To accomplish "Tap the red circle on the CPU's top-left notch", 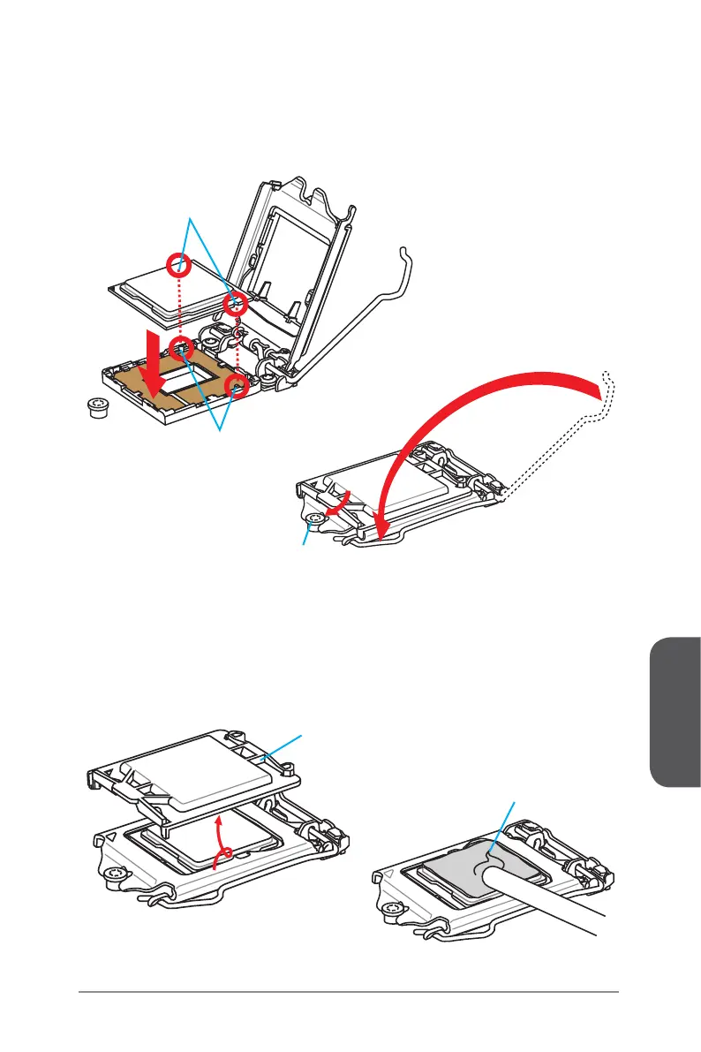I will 180,263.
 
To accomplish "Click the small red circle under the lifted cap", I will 229,854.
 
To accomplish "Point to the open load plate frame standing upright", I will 291,247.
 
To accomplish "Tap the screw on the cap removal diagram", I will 111,875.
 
